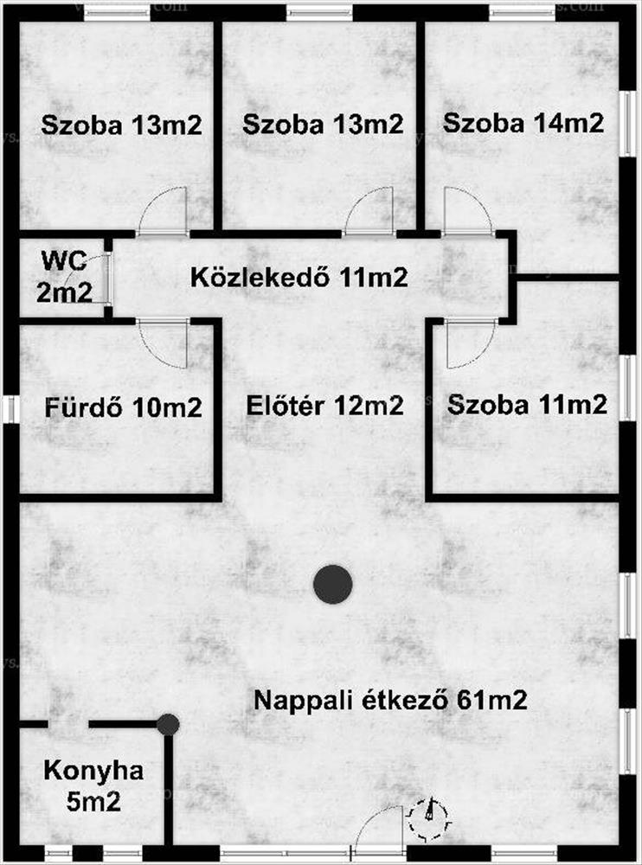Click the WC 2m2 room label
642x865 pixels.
pos(63,276)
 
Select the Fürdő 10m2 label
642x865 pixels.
pos(123,407)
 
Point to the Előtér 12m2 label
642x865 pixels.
pos(324,406)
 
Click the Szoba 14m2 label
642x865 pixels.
pos(523,123)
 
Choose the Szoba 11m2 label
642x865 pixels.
pos(527,404)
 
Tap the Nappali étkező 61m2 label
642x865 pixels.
pos(390,700)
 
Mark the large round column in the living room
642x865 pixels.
pos(332,585)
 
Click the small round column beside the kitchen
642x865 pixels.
pos(168,725)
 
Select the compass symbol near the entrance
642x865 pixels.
pos(429,816)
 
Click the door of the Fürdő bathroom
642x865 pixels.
pos(163,340)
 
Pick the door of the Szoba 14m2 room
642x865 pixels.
pos(467,212)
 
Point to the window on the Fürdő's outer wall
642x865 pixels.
pos(10,408)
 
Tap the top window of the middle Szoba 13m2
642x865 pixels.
pos(320,12)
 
